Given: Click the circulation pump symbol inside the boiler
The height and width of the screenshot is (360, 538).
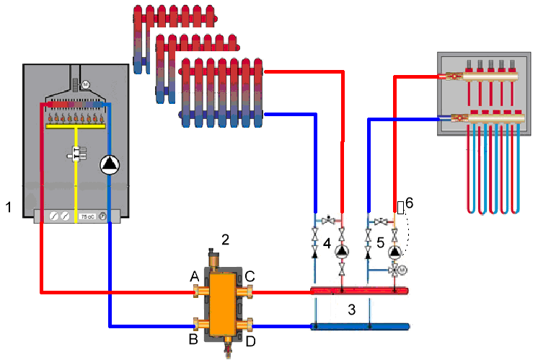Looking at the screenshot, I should click(x=109, y=164).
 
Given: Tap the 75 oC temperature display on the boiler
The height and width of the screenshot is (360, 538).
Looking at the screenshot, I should click(x=86, y=215).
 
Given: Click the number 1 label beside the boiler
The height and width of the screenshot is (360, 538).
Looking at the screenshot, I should click(x=8, y=208).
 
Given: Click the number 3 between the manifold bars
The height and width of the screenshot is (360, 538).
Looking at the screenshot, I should click(x=351, y=310).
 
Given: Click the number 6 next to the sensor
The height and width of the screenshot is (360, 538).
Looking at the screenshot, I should click(x=409, y=204).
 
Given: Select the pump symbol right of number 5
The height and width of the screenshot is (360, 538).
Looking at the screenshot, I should click(x=394, y=253).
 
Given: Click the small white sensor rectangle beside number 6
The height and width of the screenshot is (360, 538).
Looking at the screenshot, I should click(x=400, y=207).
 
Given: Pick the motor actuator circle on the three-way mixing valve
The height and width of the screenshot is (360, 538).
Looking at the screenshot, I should click(x=404, y=270).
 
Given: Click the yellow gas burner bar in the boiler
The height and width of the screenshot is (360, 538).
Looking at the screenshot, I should click(x=75, y=126).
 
